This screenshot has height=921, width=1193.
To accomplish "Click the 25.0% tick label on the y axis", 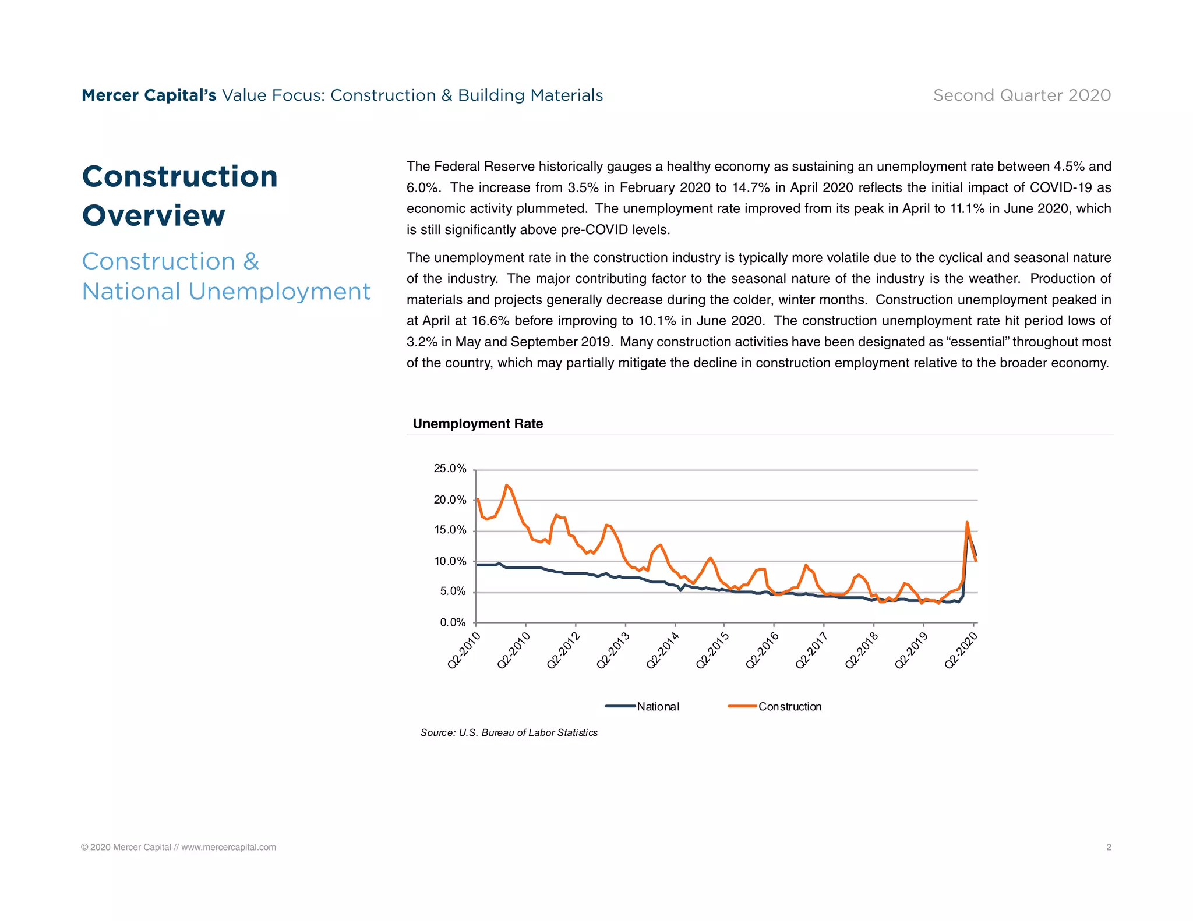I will [x=450, y=469].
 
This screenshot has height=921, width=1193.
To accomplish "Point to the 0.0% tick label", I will [x=453, y=622].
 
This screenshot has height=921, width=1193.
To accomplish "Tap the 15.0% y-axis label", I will [x=450, y=530].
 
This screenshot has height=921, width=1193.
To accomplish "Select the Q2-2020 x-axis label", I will [x=960, y=651].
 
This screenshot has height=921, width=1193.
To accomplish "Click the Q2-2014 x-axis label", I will [x=662, y=651].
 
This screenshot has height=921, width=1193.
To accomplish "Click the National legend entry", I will [x=657, y=706].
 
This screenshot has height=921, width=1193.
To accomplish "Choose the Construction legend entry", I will [x=789, y=706].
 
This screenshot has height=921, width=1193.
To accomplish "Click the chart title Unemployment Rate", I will [x=478, y=424].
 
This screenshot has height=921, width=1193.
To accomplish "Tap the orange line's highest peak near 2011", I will [x=506, y=485].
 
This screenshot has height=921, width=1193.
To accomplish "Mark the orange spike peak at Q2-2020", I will [x=967, y=522].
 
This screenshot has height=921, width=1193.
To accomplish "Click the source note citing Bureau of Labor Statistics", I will [x=509, y=732].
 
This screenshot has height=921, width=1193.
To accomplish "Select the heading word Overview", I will [x=153, y=215].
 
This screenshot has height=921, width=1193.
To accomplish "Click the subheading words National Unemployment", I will [x=226, y=291].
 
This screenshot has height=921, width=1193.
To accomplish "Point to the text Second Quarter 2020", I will [x=1022, y=95].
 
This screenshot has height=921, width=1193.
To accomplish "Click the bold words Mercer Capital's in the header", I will [x=149, y=95].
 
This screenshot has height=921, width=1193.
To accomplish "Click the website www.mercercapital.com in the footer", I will [x=228, y=847].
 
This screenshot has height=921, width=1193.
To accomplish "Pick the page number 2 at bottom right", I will [x=1109, y=847].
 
